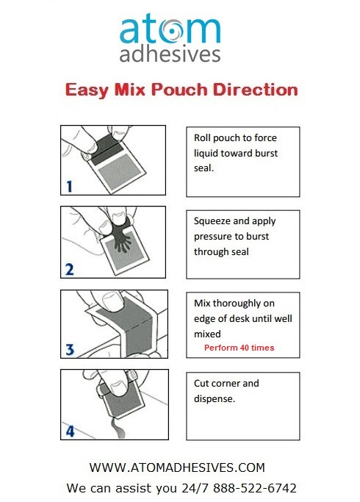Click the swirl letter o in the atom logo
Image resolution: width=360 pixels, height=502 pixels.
[x=171, y=31]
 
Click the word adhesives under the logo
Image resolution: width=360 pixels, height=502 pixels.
[x=170, y=54]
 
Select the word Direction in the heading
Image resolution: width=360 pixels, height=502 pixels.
[x=256, y=90]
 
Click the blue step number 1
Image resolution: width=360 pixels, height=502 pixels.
[x=70, y=187]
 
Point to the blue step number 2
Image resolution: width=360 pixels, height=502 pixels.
[x=70, y=270]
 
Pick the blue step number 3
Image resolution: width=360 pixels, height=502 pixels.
[x=70, y=349]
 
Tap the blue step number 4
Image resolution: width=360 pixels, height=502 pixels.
[x=70, y=431]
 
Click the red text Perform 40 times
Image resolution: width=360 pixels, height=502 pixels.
[x=239, y=348]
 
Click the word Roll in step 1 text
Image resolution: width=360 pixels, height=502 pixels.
[x=201, y=138]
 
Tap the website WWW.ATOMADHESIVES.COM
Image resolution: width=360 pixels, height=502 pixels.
[x=177, y=467]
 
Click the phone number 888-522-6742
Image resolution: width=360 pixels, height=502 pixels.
[x=255, y=488]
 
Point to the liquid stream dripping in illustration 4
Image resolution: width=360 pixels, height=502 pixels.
[x=117, y=428]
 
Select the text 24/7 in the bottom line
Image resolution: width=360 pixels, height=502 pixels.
[x=195, y=488]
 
